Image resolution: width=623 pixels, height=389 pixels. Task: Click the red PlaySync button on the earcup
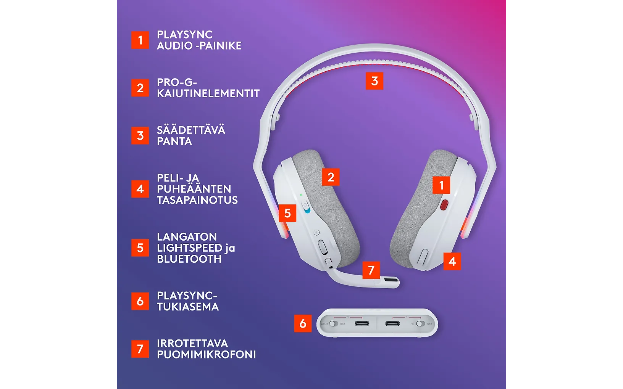point(444,205)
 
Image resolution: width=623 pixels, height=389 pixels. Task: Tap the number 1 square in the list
point(140,40)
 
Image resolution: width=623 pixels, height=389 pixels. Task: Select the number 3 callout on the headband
point(374,81)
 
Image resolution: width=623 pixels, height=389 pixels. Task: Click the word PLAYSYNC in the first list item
point(185,35)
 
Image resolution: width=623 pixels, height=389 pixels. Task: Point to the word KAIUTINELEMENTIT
point(208,94)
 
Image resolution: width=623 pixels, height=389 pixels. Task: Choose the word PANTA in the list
point(174,141)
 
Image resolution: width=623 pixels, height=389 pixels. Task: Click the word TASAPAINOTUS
point(197,200)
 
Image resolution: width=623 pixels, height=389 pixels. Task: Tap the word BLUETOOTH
point(189,259)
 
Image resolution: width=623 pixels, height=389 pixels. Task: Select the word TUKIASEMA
point(188,307)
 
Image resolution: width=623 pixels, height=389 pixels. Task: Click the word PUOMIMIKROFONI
point(207,355)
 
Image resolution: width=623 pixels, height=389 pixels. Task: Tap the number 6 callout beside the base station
point(303,323)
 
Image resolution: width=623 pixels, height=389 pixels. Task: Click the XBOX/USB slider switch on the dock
point(334,324)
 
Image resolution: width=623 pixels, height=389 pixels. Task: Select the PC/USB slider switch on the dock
point(421,324)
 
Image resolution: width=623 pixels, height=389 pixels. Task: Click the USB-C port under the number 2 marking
point(362,323)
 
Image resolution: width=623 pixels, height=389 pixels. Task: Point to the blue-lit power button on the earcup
point(306,207)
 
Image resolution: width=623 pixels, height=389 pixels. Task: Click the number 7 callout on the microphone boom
point(371,270)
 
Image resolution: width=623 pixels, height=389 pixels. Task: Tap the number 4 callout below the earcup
point(452,261)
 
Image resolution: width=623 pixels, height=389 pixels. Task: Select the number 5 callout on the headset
point(287,213)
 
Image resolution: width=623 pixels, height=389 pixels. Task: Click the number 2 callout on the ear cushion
point(331,177)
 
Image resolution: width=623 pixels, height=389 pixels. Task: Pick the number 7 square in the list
point(140,349)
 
